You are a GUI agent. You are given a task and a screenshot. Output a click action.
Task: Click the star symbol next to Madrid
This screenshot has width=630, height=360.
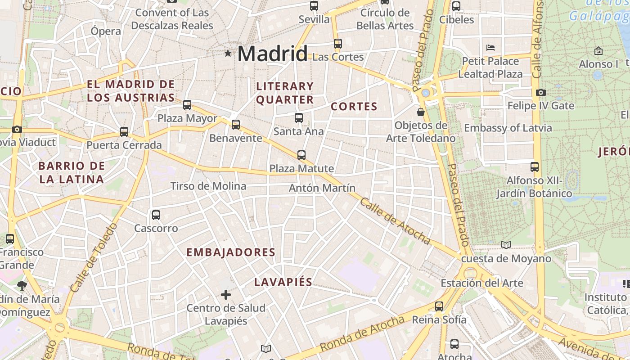[228, 54]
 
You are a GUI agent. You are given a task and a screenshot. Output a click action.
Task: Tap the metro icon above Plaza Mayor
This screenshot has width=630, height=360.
[187, 105]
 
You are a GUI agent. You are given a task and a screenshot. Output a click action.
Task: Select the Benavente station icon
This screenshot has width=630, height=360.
[235, 125]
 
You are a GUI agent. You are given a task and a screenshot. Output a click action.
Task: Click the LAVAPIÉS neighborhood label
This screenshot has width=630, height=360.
[283, 282]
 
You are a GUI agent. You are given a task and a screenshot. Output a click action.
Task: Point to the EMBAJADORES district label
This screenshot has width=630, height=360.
[231, 252]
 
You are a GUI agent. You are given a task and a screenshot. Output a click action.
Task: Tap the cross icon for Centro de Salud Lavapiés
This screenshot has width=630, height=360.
[226, 295]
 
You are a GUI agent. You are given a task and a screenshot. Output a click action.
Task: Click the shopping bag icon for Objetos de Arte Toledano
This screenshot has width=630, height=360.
[421, 112]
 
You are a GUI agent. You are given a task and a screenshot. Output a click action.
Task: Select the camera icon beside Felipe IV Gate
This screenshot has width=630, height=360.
[541, 92]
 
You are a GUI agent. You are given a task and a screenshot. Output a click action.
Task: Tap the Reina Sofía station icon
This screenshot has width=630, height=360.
[439, 306]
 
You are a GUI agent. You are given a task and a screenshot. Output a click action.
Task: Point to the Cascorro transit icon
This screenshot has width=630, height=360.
[156, 215]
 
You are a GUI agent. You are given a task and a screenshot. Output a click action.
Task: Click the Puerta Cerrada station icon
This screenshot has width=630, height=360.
[124, 132]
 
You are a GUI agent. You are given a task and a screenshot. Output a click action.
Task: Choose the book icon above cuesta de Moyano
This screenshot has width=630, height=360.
[506, 245]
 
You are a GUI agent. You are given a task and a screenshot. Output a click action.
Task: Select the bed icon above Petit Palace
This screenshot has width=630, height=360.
[490, 47]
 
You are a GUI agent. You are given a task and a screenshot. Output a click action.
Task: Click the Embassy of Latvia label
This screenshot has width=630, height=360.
[508, 128]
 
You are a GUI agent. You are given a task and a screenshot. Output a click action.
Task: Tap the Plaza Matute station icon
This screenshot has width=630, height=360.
[301, 155]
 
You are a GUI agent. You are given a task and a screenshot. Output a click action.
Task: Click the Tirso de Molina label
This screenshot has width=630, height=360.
[208, 186]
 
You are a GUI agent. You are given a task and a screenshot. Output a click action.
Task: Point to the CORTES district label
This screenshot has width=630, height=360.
[354, 107]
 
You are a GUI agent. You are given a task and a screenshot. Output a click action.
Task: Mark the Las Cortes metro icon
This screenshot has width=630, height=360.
[338, 44]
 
